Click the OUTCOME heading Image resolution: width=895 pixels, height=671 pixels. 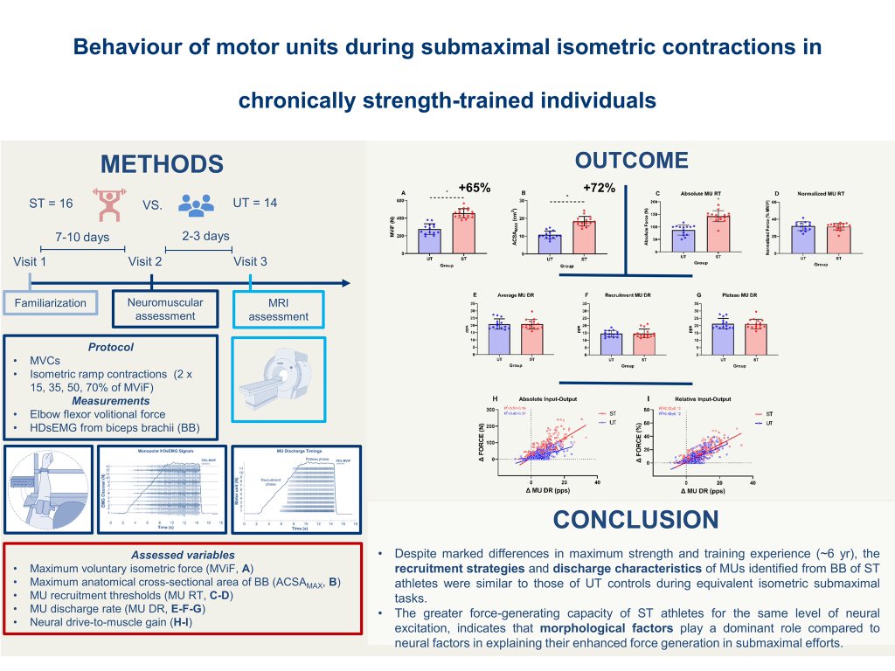(631, 161)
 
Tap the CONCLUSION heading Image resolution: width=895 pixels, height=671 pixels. (635, 521)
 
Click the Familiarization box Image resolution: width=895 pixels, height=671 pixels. (50, 303)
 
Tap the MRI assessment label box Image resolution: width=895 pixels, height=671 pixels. (278, 309)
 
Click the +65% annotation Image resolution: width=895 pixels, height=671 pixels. (474, 187)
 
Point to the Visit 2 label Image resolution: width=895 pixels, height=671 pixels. (145, 261)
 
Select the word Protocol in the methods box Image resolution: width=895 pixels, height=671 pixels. (111, 347)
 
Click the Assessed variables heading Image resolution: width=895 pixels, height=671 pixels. (183, 555)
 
